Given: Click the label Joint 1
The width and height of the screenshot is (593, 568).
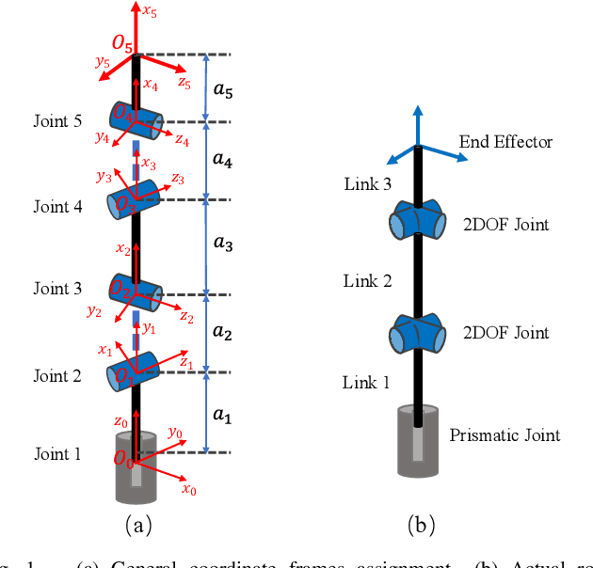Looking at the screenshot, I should point(57,454).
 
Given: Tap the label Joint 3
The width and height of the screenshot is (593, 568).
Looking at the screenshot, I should point(57,289).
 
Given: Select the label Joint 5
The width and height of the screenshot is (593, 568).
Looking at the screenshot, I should point(57,121).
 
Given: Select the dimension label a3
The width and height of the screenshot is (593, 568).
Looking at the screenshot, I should point(222,244).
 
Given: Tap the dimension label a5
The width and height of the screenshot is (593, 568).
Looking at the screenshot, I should point(222,92).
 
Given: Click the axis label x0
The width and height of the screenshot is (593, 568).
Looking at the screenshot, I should point(188,489).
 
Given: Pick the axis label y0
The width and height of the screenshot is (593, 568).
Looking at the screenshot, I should point(174,433).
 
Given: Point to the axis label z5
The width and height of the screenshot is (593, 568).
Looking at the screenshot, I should point(184,84).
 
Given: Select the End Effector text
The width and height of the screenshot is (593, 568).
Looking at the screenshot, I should point(505,142).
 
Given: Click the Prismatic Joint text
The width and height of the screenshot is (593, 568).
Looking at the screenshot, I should point(505,434).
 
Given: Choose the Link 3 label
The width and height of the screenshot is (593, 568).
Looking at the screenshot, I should point(366,183).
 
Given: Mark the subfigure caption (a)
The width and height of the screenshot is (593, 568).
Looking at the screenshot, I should point(137,525).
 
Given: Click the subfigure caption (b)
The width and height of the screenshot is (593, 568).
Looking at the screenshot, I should point(420,525).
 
